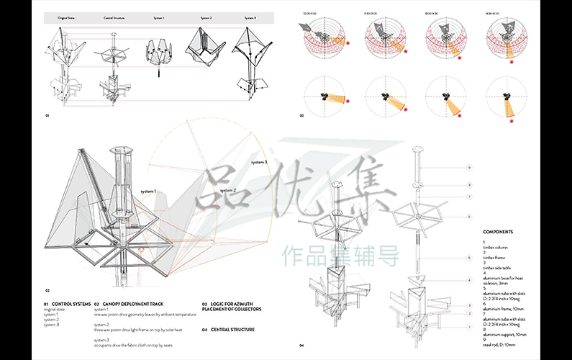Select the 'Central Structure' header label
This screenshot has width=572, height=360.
pos(113,16)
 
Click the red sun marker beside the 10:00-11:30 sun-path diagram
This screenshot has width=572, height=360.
pos(349,44)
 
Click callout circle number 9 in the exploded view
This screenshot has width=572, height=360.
pos(469,167)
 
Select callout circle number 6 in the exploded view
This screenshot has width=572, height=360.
pos(469,216)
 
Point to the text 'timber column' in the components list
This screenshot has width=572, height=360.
pos(496,246)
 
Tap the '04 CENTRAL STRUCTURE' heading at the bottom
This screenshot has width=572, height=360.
pos(229,328)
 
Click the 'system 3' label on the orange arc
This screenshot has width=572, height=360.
pos(259,163)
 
